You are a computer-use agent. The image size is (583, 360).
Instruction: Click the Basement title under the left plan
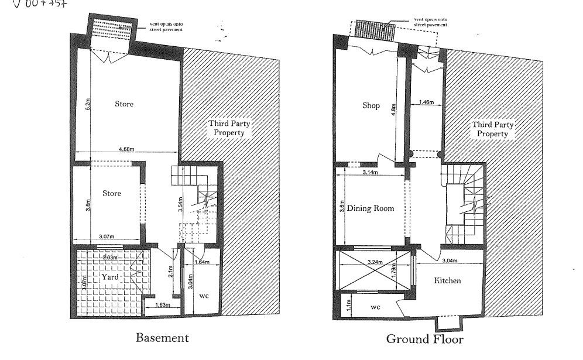tap(162, 338)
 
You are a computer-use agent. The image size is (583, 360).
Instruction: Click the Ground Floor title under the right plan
tap(424, 339)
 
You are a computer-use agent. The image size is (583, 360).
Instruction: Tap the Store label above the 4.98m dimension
tap(124, 104)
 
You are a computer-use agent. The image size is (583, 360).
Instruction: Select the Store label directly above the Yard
tap(112, 193)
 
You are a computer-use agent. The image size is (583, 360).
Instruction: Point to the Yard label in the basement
tap(109, 276)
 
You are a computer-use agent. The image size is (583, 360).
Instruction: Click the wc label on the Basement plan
tap(204, 296)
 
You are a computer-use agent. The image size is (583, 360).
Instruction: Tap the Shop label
tap(371, 106)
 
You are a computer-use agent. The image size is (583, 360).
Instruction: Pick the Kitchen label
tap(447, 281)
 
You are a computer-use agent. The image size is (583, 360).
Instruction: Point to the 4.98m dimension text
tap(126, 150)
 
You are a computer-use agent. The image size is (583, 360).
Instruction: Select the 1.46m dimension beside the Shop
tap(426, 103)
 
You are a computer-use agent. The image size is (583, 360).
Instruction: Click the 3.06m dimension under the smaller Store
tap(106, 236)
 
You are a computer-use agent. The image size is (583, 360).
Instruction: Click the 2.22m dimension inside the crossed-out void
tap(375, 262)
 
